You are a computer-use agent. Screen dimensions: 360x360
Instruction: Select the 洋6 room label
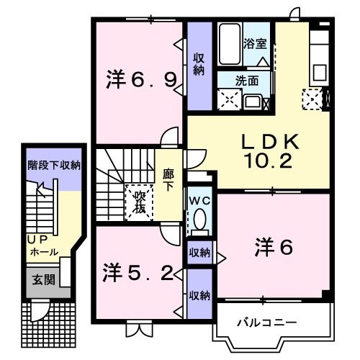(273, 248)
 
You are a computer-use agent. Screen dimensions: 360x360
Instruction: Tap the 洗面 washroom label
(248, 82)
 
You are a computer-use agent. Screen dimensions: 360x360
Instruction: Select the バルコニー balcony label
(267, 322)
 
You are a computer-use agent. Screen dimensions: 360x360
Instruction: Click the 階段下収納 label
(54, 166)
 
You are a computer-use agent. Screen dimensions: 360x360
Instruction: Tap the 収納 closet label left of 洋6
(200, 252)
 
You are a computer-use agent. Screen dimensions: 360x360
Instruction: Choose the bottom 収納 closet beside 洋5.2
(199, 295)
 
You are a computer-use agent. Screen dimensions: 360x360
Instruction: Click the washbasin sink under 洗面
(253, 100)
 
